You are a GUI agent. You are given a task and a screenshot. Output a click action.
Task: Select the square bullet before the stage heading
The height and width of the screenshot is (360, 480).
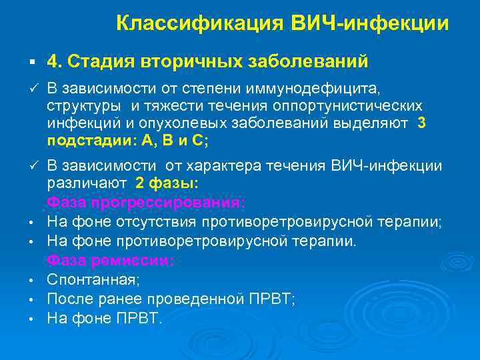point(32,62)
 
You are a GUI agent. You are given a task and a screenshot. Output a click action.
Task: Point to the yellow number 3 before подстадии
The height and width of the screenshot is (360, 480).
point(421,124)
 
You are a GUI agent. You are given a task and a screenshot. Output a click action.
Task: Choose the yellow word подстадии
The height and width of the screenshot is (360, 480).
point(83,141)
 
